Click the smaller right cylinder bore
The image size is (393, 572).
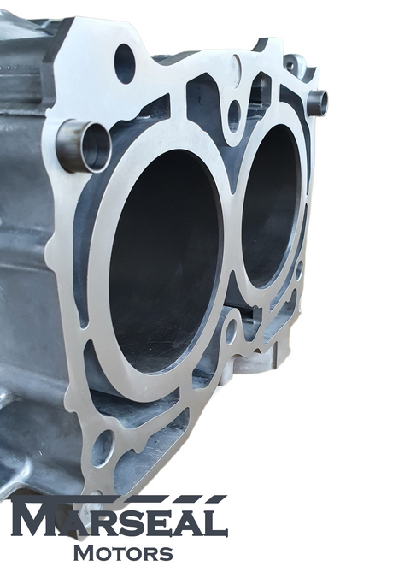click(272, 206)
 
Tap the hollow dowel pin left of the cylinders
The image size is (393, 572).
click(85, 146)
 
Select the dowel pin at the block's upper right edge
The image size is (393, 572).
click(317, 103)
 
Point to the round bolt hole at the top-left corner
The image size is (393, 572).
click(125, 64)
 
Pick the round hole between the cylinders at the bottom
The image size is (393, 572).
click(231, 331)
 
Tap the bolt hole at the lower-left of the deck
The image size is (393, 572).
click(103, 448)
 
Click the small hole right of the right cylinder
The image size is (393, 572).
click(299, 270)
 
